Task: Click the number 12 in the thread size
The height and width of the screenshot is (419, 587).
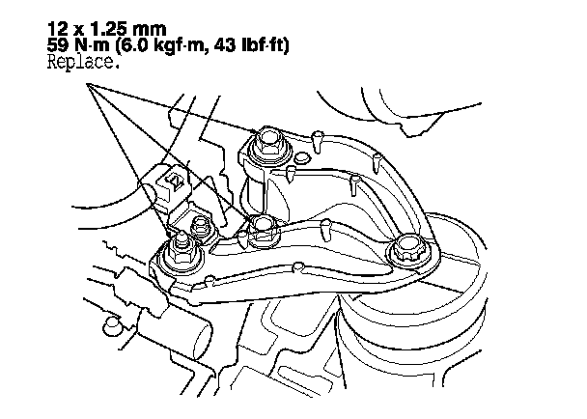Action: click(57, 29)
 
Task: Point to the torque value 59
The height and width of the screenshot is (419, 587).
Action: click(57, 45)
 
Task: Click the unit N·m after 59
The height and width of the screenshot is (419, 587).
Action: click(92, 45)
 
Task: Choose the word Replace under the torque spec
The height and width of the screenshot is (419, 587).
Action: click(81, 62)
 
